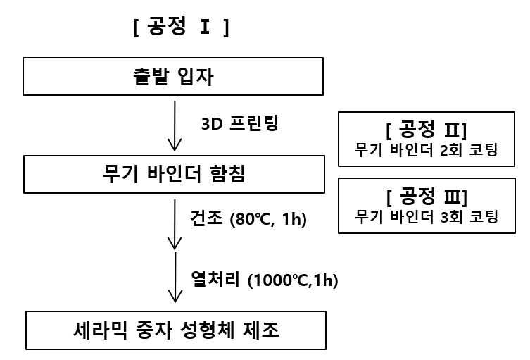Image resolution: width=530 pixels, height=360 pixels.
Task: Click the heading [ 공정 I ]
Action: click(x=181, y=27)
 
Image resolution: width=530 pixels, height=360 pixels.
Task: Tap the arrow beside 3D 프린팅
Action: click(x=175, y=126)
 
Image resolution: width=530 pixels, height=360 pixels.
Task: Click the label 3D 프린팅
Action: click(x=239, y=123)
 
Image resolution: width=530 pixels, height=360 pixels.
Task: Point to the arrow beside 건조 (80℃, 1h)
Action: click(x=175, y=224)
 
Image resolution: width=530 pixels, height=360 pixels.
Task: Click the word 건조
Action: click(x=206, y=218)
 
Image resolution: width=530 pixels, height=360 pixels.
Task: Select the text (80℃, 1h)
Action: click(x=268, y=219)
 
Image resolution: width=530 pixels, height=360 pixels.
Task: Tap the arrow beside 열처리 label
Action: click(x=175, y=278)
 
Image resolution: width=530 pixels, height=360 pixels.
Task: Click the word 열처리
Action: click(x=215, y=279)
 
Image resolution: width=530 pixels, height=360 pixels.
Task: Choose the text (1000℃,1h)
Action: click(x=293, y=280)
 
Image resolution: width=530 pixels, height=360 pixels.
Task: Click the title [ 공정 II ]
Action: click(x=427, y=130)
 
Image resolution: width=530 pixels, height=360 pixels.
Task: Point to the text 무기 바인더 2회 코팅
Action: click(x=426, y=150)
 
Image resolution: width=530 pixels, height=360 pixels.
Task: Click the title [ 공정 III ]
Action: click(x=427, y=197)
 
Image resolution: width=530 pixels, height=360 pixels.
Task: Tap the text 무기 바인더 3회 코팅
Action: click(x=427, y=217)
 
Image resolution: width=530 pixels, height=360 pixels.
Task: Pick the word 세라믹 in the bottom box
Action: click(x=101, y=330)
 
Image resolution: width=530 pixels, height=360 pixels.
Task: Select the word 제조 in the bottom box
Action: click(x=261, y=330)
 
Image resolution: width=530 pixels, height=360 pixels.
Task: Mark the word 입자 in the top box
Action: click(x=196, y=77)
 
